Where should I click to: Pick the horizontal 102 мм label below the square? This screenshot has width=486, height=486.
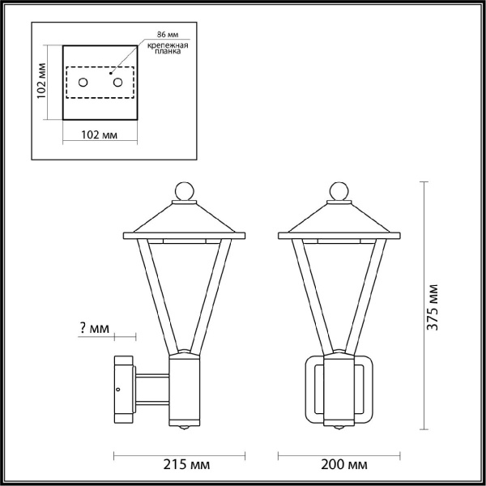tap(100, 134)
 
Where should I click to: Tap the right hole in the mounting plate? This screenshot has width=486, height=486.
tap(117, 82)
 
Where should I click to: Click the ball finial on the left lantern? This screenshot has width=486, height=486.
tap(185, 191)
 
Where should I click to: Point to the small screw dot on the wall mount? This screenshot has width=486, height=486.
tap(119, 391)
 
